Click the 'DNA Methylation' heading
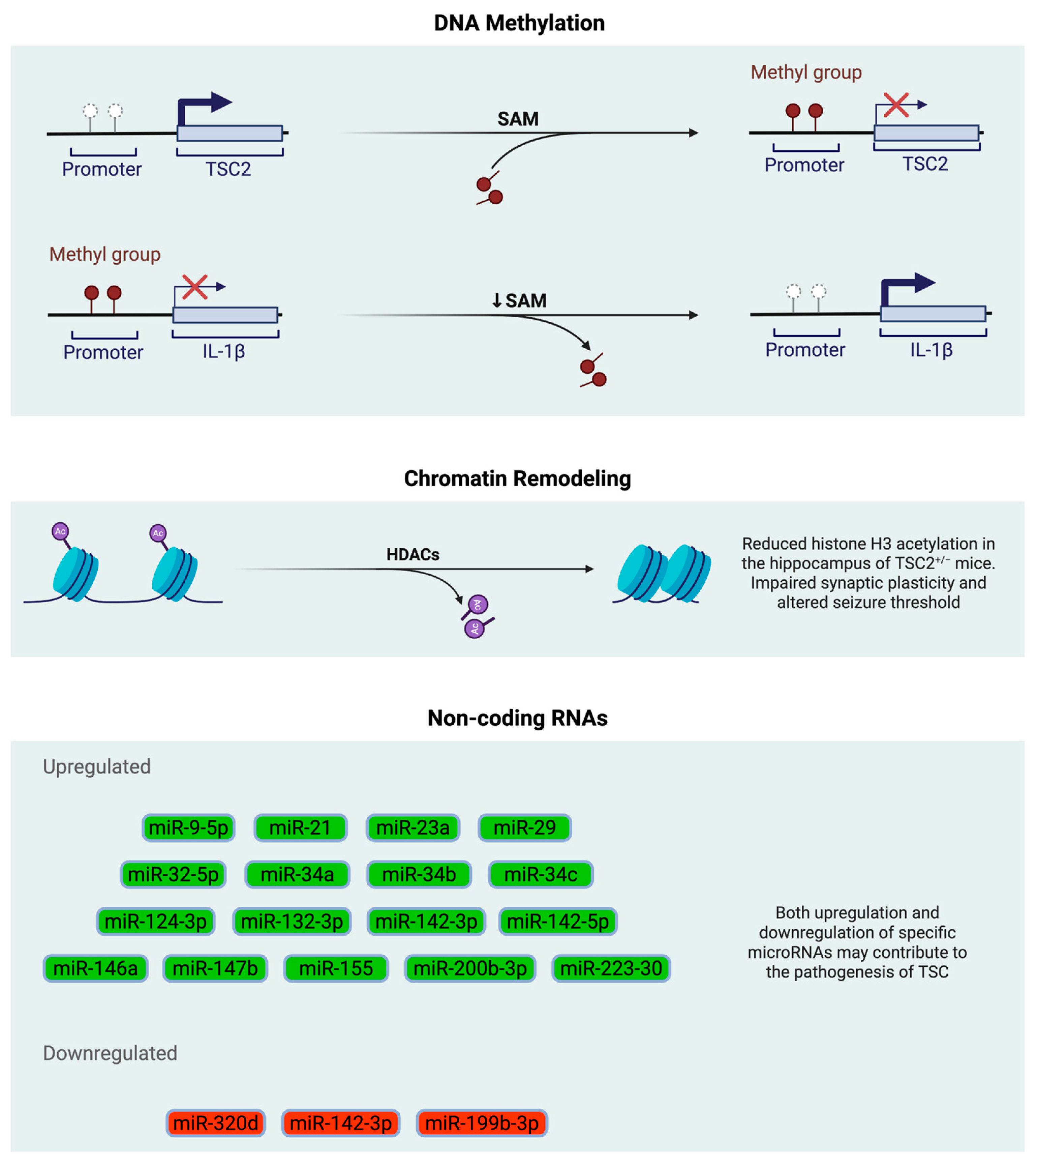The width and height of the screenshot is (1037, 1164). coord(518,23)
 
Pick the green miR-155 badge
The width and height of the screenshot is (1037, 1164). coord(336,968)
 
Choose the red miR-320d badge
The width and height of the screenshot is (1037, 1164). coord(215,1123)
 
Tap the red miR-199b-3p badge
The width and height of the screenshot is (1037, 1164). coord(482,1123)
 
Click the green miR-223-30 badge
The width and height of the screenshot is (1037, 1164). coord(611,968)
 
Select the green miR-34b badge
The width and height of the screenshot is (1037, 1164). coord(419,874)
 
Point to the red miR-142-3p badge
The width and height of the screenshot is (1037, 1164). coord(341,1123)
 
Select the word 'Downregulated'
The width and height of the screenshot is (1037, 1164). coord(110,1053)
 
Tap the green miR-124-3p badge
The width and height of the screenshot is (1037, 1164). coord(156,921)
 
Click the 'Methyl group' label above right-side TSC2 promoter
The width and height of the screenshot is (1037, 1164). coord(806,72)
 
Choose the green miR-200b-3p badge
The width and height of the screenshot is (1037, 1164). coord(470,968)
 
